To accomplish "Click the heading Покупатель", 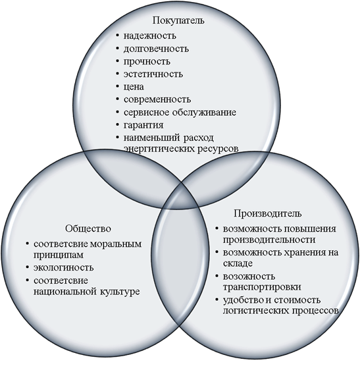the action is (178, 20).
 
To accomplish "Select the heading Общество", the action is (88, 228).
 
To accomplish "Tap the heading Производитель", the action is (268, 213).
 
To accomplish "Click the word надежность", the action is (150, 36).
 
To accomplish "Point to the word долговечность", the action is (156, 49).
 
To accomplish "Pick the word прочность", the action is (147, 62).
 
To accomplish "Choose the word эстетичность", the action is (153, 74).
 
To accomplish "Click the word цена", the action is (134, 87).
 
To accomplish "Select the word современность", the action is (157, 99).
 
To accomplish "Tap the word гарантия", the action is (143, 125).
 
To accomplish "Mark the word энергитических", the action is (160, 149).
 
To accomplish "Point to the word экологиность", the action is (64, 267).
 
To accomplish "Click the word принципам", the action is (59, 255).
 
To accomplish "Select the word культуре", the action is (120, 292).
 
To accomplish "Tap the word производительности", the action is (269, 240).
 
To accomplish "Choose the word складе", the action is (238, 263).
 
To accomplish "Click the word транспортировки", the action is (262, 287).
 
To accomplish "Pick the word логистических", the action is (256, 311).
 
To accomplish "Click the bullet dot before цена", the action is (117, 86).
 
